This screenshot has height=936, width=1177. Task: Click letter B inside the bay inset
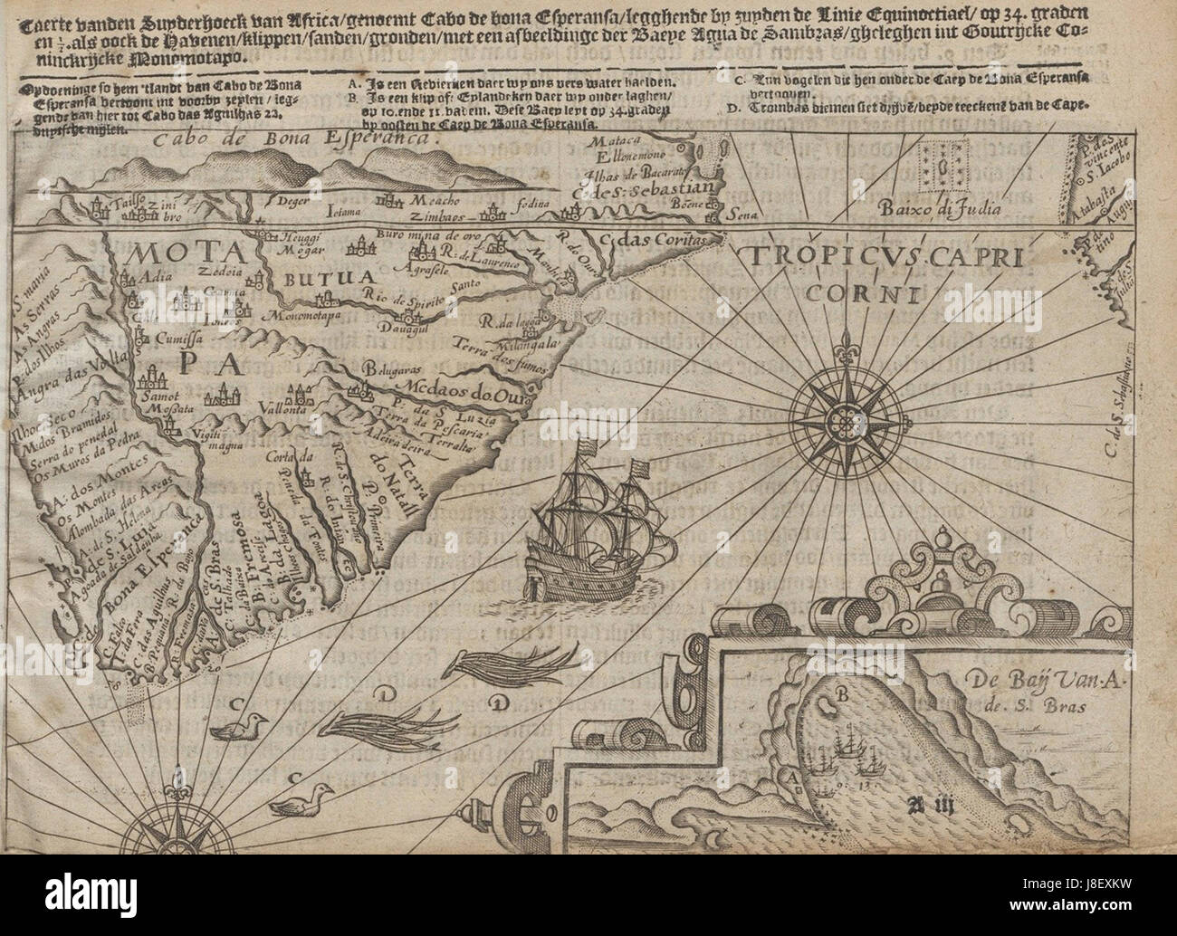(x=842, y=695)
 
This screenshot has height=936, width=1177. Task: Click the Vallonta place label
(x=256, y=407)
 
